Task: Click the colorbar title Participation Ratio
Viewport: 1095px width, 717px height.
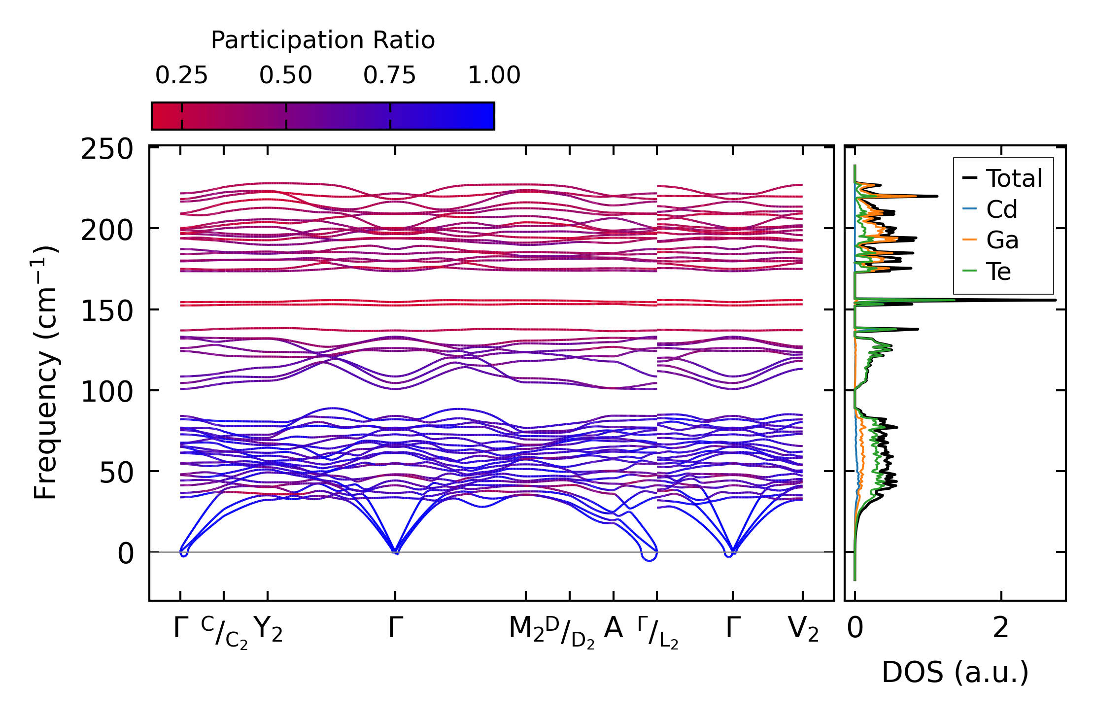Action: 323,40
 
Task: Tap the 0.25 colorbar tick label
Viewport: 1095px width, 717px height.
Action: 181,76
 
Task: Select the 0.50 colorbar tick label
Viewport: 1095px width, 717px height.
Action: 286,76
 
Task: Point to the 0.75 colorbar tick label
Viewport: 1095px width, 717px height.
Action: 390,76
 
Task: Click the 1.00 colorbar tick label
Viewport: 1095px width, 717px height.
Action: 494,76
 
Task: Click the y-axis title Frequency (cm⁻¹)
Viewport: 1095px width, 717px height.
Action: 46,373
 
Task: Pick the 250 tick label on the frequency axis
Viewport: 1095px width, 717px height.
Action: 107,149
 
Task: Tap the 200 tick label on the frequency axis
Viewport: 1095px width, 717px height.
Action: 107,230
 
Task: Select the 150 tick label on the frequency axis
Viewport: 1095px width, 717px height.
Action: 107,311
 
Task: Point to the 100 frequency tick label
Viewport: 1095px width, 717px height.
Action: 107,392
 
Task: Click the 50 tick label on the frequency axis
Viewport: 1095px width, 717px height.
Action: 116,473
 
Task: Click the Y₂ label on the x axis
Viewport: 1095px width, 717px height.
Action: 268,630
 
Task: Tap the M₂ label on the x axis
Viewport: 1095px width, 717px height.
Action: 526,630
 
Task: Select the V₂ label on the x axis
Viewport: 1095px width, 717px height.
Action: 803,630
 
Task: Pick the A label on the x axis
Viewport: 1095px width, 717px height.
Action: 613,628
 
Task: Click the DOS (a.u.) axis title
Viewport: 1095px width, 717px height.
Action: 955,673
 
